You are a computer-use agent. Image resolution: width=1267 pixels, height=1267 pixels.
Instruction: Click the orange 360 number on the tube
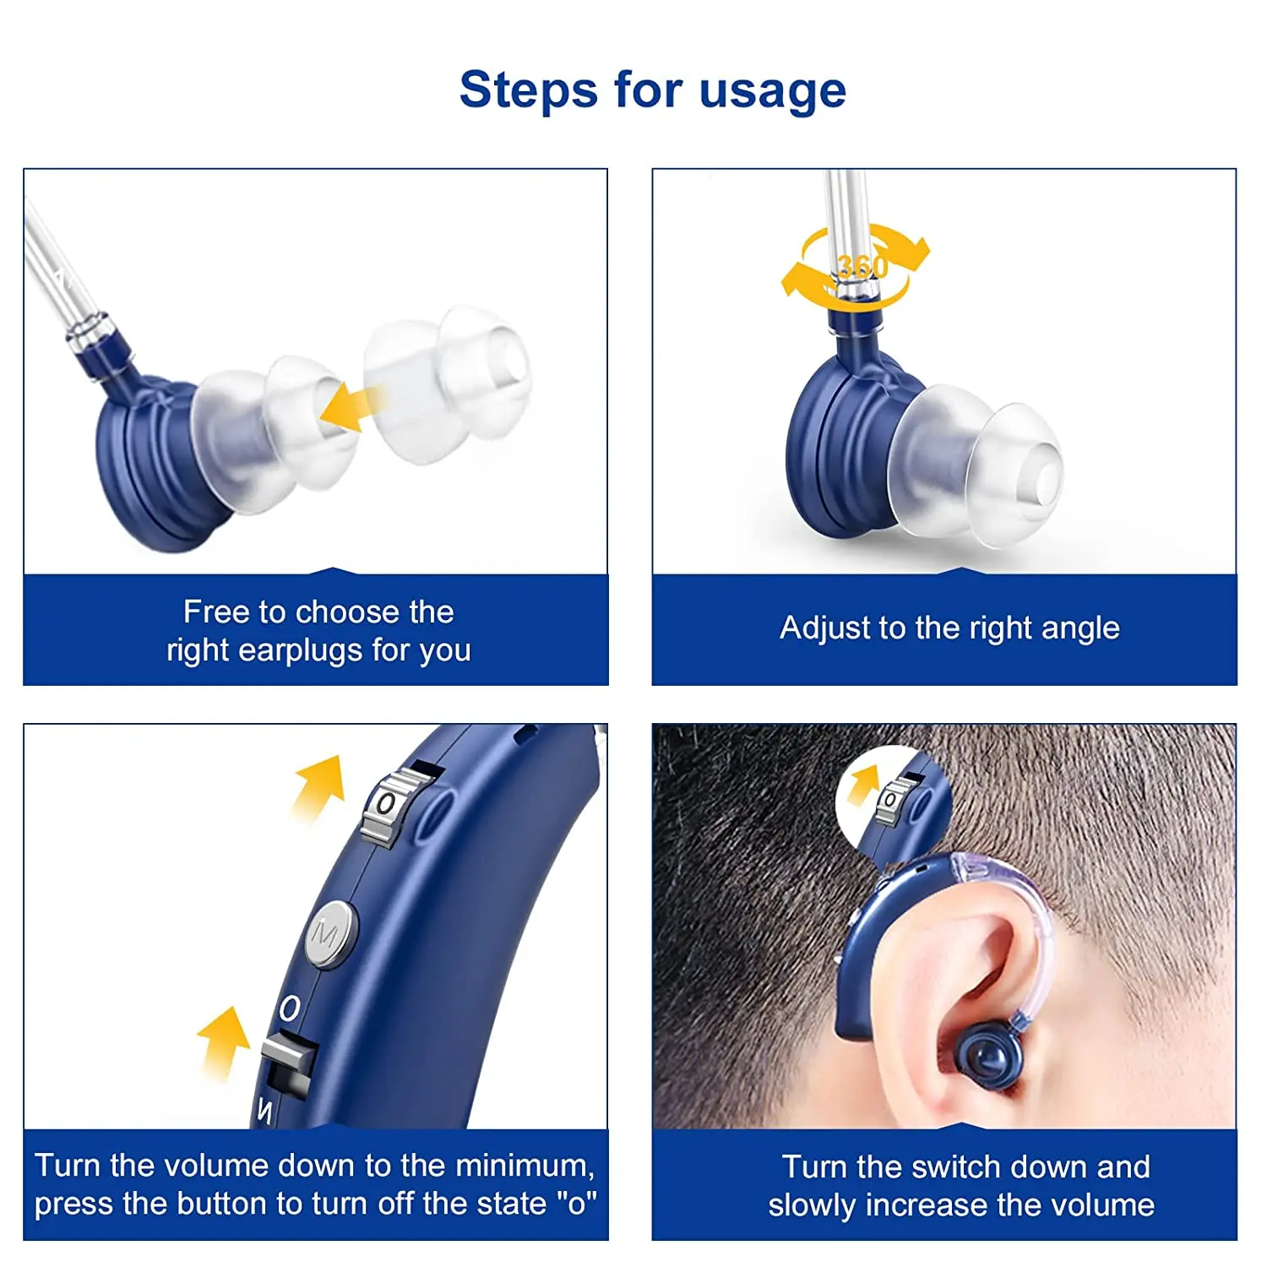(862, 267)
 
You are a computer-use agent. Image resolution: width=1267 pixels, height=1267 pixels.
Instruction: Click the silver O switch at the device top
(388, 805)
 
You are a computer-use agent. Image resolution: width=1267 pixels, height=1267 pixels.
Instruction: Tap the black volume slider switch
(289, 1069)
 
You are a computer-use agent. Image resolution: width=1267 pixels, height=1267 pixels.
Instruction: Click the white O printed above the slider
(289, 1009)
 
